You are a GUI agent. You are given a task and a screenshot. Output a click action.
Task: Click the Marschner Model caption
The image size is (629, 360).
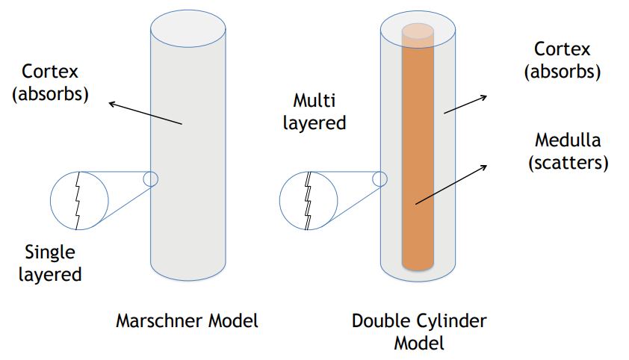(x=187, y=321)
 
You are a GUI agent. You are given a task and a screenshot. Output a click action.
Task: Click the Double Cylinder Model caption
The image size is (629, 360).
(x=419, y=332)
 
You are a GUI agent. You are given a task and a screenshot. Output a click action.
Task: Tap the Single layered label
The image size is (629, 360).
(x=52, y=263)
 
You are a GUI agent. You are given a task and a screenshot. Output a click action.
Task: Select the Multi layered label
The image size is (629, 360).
(x=314, y=111)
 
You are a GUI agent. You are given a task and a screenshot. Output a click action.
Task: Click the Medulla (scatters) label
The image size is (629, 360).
(x=568, y=151)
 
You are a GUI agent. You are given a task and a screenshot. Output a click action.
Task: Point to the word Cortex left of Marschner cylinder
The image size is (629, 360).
(x=50, y=72)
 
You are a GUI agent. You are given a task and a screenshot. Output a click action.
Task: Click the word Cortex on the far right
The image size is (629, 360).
(x=563, y=49)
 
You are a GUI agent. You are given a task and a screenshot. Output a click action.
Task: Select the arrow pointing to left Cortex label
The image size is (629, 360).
(x=146, y=113)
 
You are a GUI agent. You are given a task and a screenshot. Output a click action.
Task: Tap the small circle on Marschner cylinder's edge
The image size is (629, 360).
(x=150, y=179)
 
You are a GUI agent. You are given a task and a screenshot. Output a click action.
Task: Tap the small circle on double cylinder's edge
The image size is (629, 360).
(x=379, y=179)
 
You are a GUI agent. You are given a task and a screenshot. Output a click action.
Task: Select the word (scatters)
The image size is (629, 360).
(x=568, y=162)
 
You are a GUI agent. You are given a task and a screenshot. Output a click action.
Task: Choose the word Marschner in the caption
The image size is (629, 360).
(x=154, y=321)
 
